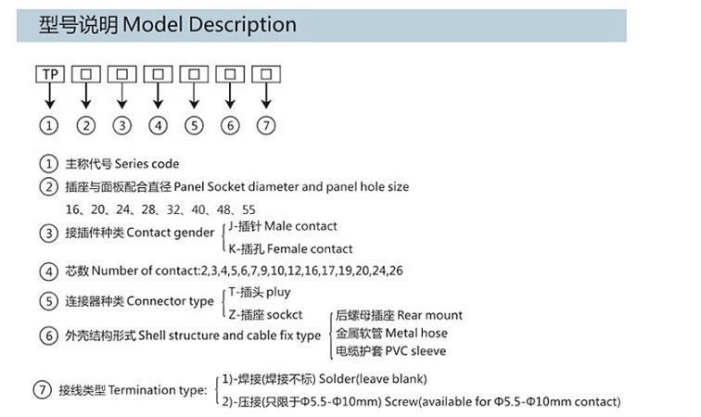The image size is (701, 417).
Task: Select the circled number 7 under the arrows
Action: tap(266, 125)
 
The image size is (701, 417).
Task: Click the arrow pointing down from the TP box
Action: tap(49, 96)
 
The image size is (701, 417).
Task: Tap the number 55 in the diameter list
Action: tap(248, 208)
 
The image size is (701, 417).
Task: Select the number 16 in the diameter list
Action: tap(73, 208)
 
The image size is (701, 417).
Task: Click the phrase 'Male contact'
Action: tap(300, 226)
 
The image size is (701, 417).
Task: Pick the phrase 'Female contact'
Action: tap(309, 248)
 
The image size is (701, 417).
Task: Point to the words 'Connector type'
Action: tap(170, 301)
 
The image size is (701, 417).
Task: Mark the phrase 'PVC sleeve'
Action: tap(414, 351)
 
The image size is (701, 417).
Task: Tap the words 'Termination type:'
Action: tap(158, 391)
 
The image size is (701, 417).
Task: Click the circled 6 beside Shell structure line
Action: tap(49, 335)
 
